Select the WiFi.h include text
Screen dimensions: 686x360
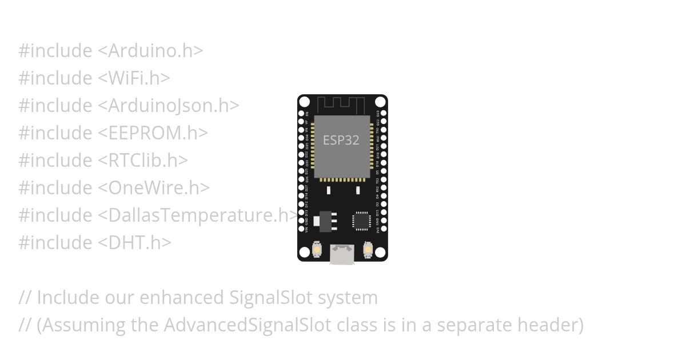click(134, 78)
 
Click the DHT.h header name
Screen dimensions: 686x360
click(135, 243)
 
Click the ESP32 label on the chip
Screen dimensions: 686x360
click(341, 140)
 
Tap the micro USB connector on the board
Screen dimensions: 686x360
click(342, 254)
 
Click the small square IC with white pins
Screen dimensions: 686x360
click(362, 221)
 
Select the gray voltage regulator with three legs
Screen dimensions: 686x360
click(326, 221)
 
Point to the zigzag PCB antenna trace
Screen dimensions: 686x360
click(341, 105)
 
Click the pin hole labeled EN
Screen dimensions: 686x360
click(301, 114)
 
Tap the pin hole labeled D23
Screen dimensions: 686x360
click(384, 114)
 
